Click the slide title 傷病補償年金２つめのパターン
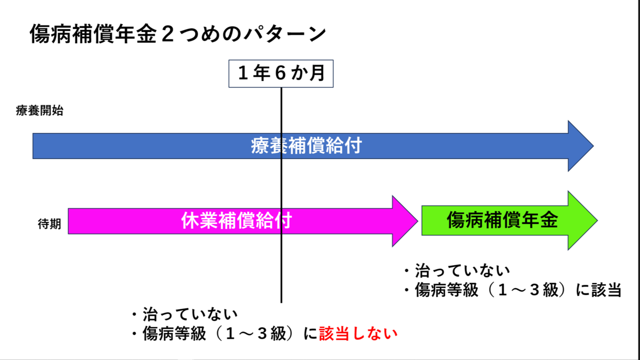coord(178,34)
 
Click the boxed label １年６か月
coord(281,74)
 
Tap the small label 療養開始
coord(39,110)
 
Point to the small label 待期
coord(50,223)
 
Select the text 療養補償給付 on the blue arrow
coord(306,146)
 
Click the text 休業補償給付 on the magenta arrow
coord(237,221)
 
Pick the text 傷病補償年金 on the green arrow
coord(502,220)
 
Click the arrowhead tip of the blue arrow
coord(594,146)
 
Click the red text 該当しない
coord(358,333)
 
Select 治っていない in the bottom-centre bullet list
coord(190,314)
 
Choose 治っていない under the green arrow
coord(462,270)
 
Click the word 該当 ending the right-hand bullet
coord(606,290)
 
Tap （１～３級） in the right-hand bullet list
coord(527,290)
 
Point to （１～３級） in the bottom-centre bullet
coord(254,333)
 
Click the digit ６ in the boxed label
coord(281,73)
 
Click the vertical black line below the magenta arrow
coord(281,269)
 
